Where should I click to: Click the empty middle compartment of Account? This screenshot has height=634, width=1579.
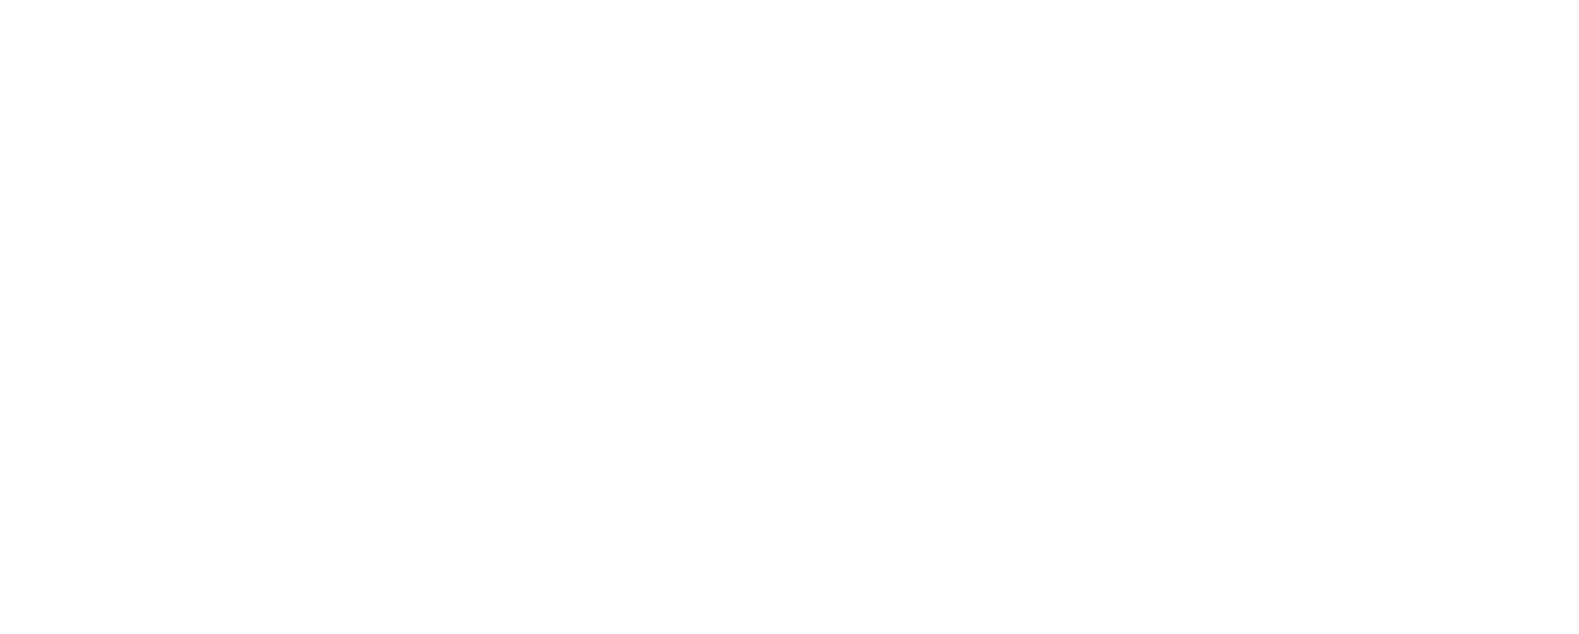point(545,377)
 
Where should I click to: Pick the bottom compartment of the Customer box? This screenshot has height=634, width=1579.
point(115,599)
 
